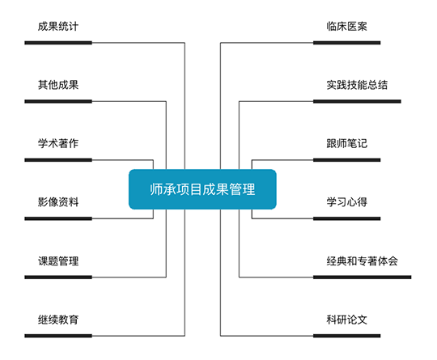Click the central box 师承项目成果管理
tap(202, 189)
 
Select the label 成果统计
tap(58, 27)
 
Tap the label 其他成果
tap(58, 85)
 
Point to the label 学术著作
tap(58, 143)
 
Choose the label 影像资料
tap(58, 202)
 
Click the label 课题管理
tap(58, 261)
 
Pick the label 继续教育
tap(58, 320)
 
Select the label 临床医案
tap(346, 27)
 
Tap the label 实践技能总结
tap(357, 85)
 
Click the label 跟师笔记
tap(346, 143)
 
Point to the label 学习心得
tap(346, 202)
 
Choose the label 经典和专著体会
tap(362, 261)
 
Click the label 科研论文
tap(346, 320)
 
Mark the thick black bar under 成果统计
tap(58, 43)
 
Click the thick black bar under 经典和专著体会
tap(362, 277)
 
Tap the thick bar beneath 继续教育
tap(58, 336)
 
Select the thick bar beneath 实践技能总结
tap(357, 101)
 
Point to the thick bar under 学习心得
tap(346, 218)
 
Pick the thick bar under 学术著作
tap(58, 160)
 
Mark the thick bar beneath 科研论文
tap(346, 336)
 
